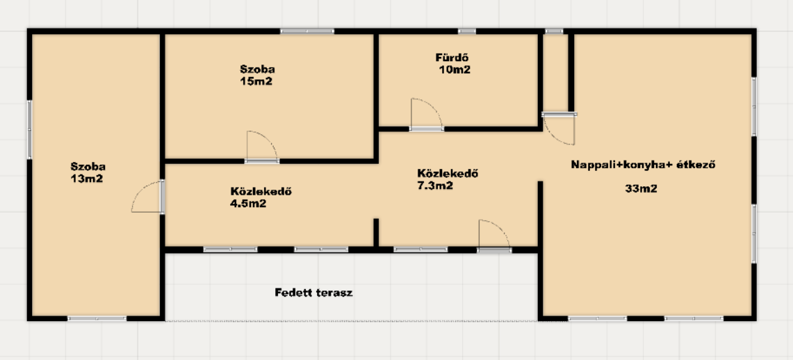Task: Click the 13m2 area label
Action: [x=87, y=179]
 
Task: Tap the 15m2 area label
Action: [x=256, y=81]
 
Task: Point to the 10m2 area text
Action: [x=454, y=69]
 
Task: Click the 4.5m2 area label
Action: [x=248, y=204]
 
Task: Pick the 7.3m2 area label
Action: [x=435, y=186]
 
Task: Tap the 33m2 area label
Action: [x=641, y=188]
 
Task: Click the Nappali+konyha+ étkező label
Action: [x=644, y=165]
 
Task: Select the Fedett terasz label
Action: [x=313, y=293]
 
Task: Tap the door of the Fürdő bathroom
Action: [x=427, y=114]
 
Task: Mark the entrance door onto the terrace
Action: [x=494, y=236]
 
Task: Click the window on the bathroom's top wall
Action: [x=467, y=31]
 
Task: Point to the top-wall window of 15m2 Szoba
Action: [x=307, y=31]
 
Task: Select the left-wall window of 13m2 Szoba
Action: [x=29, y=129]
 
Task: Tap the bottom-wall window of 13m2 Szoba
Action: [x=97, y=318]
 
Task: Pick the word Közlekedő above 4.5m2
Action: [x=261, y=192]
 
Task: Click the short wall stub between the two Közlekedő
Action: [x=376, y=233]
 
